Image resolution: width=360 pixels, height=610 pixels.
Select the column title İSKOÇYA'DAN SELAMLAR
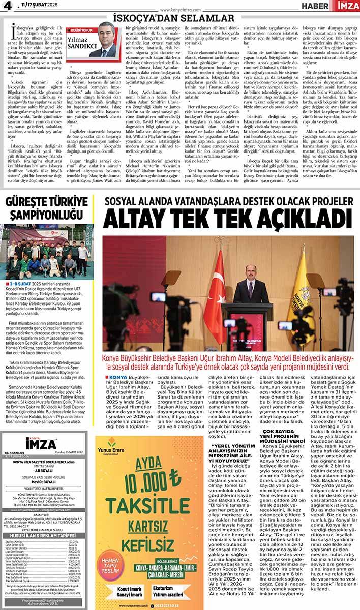[x=179, y=17]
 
